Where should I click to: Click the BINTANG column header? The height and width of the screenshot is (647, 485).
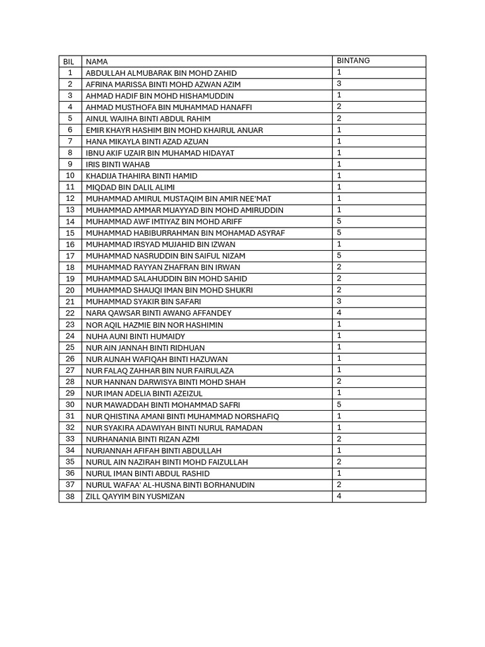[353, 61]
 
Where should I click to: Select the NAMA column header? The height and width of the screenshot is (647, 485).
[97, 62]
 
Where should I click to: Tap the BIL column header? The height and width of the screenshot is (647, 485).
[69, 62]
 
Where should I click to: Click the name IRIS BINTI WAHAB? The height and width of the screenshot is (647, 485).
[117, 164]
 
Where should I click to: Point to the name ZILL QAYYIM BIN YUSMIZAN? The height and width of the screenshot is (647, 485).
[135, 497]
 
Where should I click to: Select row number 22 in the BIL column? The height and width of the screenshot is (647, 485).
[70, 313]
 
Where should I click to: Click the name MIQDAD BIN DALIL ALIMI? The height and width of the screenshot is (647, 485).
[130, 188]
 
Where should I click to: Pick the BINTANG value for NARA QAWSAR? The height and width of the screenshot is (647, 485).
[339, 312]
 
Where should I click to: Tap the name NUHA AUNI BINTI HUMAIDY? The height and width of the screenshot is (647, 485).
[135, 336]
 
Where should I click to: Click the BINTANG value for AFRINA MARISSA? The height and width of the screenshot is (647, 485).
[339, 83]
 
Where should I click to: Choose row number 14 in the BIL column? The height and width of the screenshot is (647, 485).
[70, 222]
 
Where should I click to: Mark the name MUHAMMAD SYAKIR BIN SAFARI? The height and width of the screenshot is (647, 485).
[143, 302]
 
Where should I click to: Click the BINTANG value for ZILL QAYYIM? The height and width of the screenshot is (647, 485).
[339, 496]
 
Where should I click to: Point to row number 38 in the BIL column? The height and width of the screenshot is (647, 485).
[70, 496]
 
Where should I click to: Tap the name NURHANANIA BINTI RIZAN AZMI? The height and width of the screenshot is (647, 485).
[142, 439]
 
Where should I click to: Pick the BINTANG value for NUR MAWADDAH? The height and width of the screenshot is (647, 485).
[339, 404]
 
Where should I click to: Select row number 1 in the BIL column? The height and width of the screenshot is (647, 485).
[70, 73]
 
